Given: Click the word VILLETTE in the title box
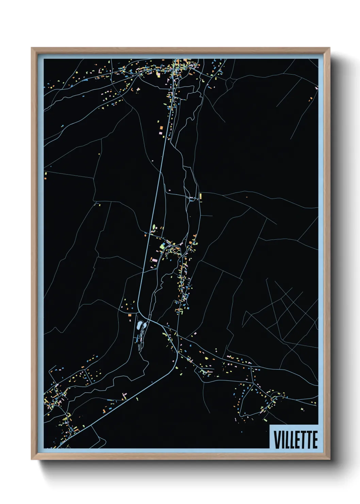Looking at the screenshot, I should pyautogui.click(x=295, y=440).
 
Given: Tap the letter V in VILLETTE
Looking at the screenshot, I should pyautogui.click(x=276, y=440).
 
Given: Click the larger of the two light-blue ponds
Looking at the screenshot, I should pyautogui.click(x=140, y=325).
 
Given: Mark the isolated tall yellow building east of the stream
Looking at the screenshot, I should pyautogui.click(x=201, y=196).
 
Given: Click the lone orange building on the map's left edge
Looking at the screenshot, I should pyautogui.click(x=46, y=175).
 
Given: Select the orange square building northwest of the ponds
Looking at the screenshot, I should pyautogui.click(x=130, y=315).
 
